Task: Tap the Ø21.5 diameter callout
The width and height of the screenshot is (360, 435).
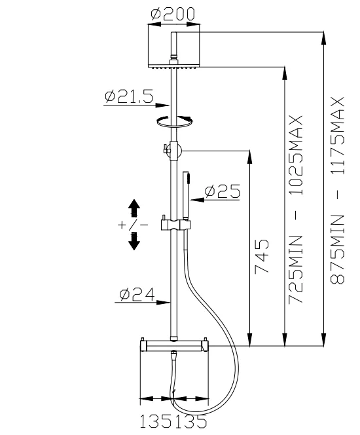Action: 128,98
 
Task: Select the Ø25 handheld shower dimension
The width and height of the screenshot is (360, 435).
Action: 222,191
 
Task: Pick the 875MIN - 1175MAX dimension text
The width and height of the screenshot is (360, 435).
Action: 338,190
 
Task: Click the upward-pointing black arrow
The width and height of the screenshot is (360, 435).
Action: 134,208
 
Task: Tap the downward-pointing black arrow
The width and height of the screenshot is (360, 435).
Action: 134,240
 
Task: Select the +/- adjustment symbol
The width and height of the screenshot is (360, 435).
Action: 134,225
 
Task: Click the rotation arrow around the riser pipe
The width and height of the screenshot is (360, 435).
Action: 174,121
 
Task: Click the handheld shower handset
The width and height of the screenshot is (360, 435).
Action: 186,193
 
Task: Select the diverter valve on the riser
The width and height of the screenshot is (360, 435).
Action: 173,150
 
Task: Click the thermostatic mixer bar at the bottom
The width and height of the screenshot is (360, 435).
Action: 173,345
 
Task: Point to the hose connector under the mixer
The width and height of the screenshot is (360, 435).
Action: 173,358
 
